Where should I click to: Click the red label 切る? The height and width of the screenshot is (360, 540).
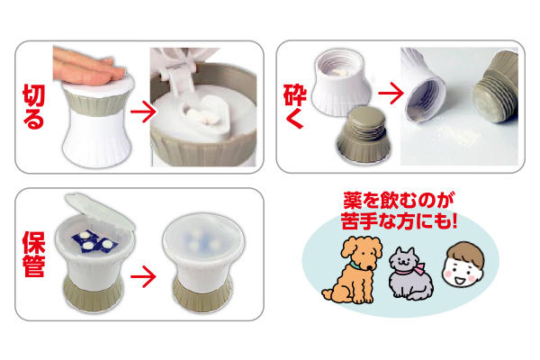pyautogui.click(x=34, y=107)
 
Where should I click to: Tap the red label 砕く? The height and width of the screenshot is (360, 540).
pyautogui.click(x=295, y=106)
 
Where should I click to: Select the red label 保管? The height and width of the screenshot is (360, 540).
pyautogui.click(x=34, y=254)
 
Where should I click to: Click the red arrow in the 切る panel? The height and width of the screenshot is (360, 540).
pyautogui.click(x=143, y=112)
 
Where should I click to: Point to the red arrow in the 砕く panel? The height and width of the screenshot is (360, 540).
pyautogui.click(x=391, y=93)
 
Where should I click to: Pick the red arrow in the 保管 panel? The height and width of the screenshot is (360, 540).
pyautogui.click(x=143, y=276)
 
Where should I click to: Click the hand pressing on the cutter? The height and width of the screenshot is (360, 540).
pyautogui.click(x=88, y=66)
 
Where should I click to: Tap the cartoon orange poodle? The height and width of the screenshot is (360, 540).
pyautogui.click(x=353, y=270)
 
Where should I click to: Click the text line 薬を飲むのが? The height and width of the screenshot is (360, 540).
pyautogui.click(x=399, y=201)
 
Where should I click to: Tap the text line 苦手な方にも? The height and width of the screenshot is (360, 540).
pyautogui.click(x=399, y=220)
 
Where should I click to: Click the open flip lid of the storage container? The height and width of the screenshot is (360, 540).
pyautogui.click(x=100, y=211)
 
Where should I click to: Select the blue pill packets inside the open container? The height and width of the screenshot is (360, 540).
pyautogui.click(x=94, y=241)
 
